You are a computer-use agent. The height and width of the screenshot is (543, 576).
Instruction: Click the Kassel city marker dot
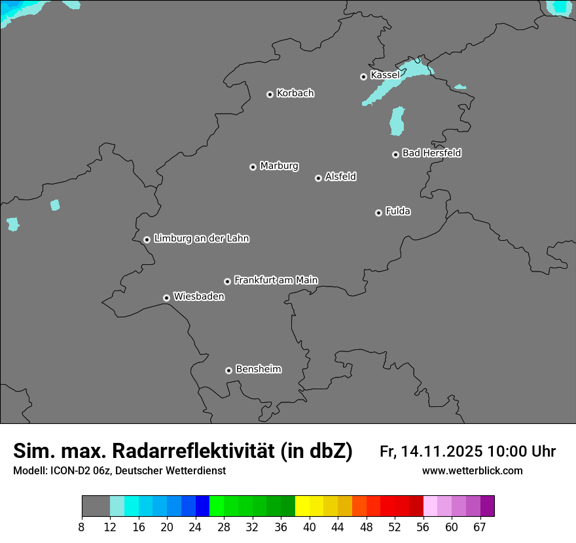coord(363,77)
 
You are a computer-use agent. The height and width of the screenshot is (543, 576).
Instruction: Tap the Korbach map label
coord(295,94)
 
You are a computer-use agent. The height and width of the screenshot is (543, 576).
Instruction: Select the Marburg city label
coord(279,166)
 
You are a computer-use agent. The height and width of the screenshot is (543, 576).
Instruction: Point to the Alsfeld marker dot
coord(318,178)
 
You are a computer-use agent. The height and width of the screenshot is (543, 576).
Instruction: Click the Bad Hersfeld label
coord(431,153)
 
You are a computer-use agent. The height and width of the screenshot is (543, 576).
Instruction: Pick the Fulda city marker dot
coord(378,213)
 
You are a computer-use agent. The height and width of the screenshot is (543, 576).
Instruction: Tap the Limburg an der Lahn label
coord(201,239)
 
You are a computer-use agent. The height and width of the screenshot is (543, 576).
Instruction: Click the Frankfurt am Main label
coord(276,280)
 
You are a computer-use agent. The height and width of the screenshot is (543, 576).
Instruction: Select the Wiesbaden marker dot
coord(166,298)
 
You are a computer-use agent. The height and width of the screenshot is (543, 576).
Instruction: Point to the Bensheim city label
coord(258,369)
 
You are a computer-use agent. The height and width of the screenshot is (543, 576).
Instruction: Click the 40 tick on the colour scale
coord(310,527)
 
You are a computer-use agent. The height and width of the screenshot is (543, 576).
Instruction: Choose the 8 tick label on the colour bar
coord(81,527)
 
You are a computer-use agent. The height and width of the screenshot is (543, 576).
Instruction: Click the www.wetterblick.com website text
coord(472,471)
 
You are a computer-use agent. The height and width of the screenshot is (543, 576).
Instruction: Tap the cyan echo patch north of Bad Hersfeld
coord(397,122)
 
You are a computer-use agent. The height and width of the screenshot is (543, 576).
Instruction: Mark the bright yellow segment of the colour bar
coord(302,506)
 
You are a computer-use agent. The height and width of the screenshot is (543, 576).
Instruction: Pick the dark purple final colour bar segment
coord(488,506)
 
